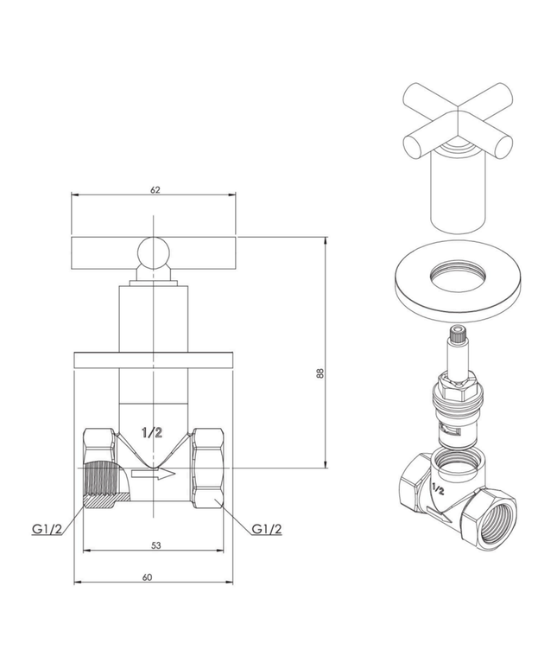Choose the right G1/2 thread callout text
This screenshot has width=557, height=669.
tap(267, 528)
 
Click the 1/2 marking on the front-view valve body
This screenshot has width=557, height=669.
tap(152, 433)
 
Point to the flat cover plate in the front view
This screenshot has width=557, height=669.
tap(155, 358)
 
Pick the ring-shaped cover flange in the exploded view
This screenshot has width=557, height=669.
tap(454, 281)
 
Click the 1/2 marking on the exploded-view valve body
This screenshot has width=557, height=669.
tap(437, 488)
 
